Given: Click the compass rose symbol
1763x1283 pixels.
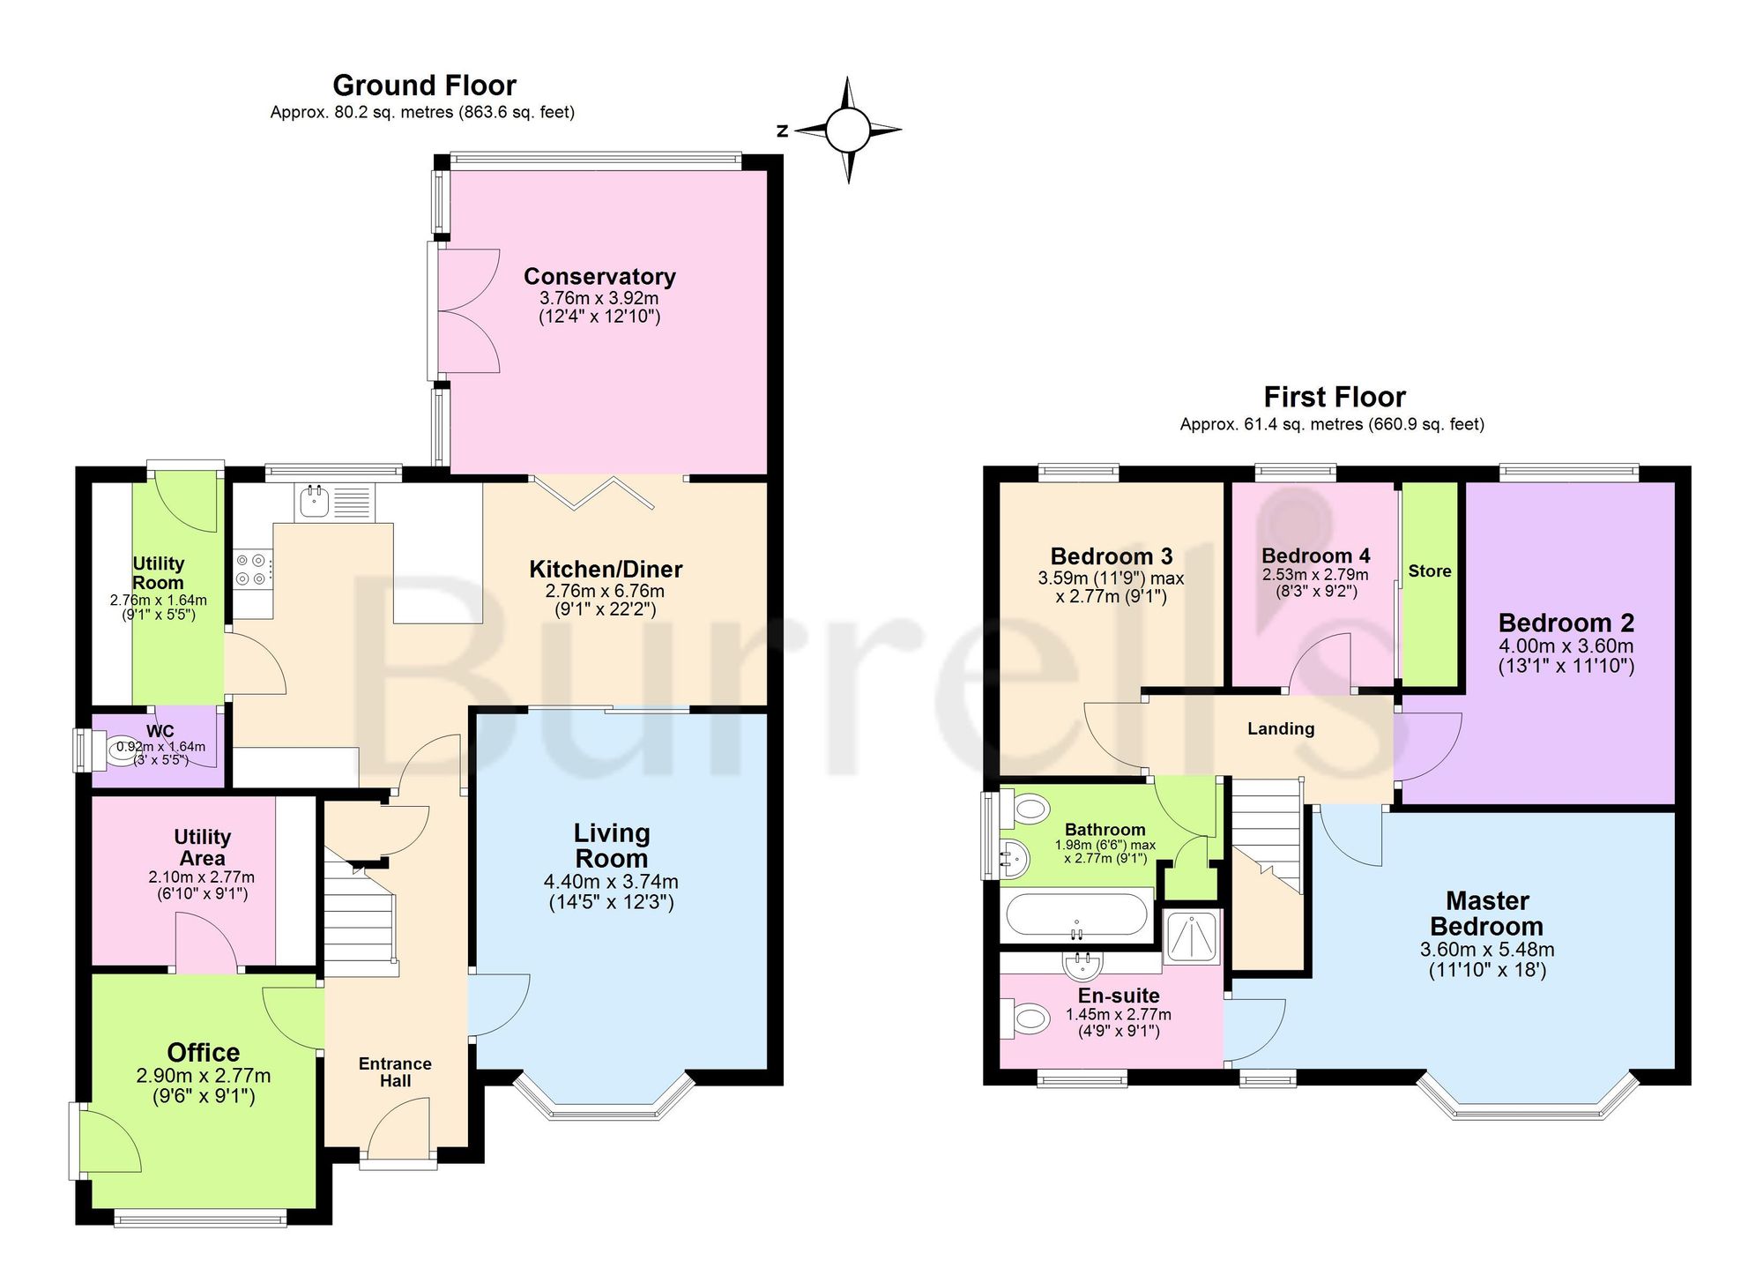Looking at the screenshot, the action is point(848,130).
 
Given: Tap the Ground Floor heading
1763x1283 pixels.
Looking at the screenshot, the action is point(424,86).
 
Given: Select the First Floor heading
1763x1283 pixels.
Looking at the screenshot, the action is point(1335,397).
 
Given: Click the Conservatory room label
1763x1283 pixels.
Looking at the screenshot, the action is point(599,276).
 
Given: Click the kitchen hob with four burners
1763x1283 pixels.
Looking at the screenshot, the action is point(253,569).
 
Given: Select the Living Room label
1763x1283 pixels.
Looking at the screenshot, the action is point(612,845).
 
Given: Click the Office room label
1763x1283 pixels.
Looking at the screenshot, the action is point(204,1052).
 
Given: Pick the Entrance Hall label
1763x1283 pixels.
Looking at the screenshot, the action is point(395,1072).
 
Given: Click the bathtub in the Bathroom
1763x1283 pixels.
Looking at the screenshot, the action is point(1076,915).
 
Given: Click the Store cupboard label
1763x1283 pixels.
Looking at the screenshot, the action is point(1429,571).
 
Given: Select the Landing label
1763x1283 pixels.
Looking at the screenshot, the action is point(1281,728).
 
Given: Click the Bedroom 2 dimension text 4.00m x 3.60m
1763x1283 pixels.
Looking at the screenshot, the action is point(1566,645).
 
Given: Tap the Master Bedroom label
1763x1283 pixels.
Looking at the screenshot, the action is point(1486,914).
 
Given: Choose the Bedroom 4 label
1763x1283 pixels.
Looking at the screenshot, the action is point(1315,556).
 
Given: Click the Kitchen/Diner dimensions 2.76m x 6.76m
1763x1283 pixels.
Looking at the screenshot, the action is point(605,591).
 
